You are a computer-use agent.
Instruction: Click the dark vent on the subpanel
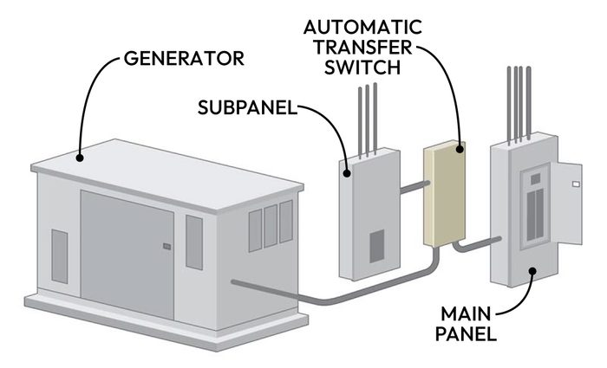[377, 247]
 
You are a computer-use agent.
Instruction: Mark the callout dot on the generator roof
[80, 157]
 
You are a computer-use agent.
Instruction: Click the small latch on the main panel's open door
[576, 184]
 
